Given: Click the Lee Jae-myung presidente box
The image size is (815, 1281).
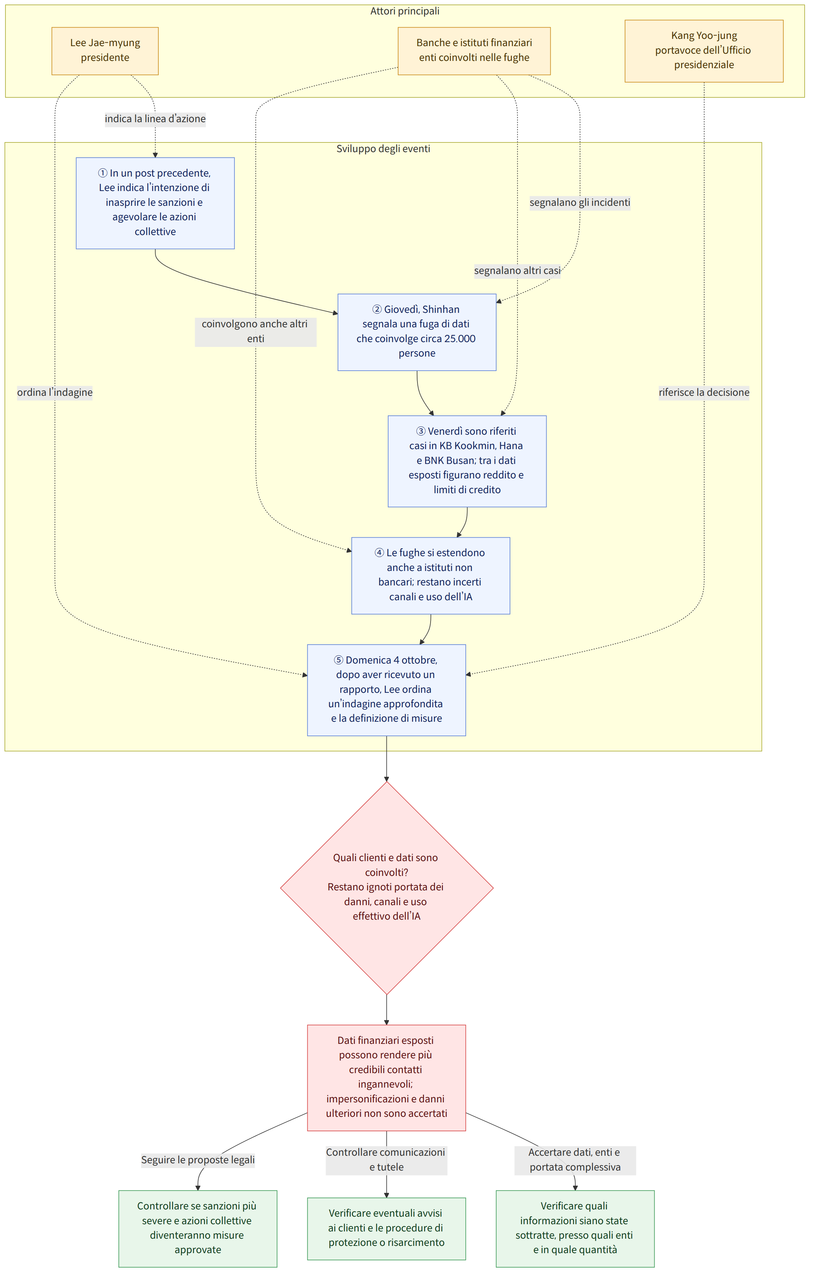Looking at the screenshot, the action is [x=105, y=51].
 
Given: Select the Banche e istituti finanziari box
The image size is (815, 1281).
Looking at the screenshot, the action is [x=474, y=51].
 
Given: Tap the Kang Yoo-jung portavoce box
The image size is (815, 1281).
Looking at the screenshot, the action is [x=704, y=51].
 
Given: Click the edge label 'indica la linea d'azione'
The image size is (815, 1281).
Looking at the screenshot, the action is [x=155, y=119].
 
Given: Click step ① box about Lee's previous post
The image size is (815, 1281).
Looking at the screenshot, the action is [x=155, y=203].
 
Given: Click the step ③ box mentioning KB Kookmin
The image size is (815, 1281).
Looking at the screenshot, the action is [x=467, y=461].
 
